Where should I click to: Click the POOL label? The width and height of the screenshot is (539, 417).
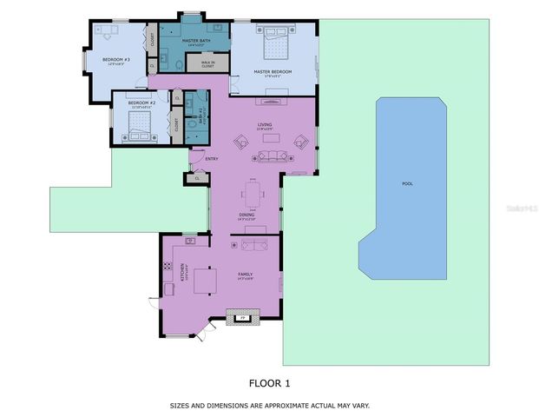(407, 184)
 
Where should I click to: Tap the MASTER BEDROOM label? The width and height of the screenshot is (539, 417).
(272, 72)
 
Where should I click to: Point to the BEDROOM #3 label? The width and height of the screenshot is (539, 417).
(115, 60)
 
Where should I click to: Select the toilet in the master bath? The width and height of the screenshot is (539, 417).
(179, 63)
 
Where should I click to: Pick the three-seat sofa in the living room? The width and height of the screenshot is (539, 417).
(272, 156)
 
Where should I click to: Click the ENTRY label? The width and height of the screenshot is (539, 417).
(211, 159)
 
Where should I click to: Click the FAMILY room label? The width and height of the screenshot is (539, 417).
(246, 275)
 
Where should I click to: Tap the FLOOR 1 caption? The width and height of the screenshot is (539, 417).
(269, 381)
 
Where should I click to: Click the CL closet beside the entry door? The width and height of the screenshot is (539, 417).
(195, 178)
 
